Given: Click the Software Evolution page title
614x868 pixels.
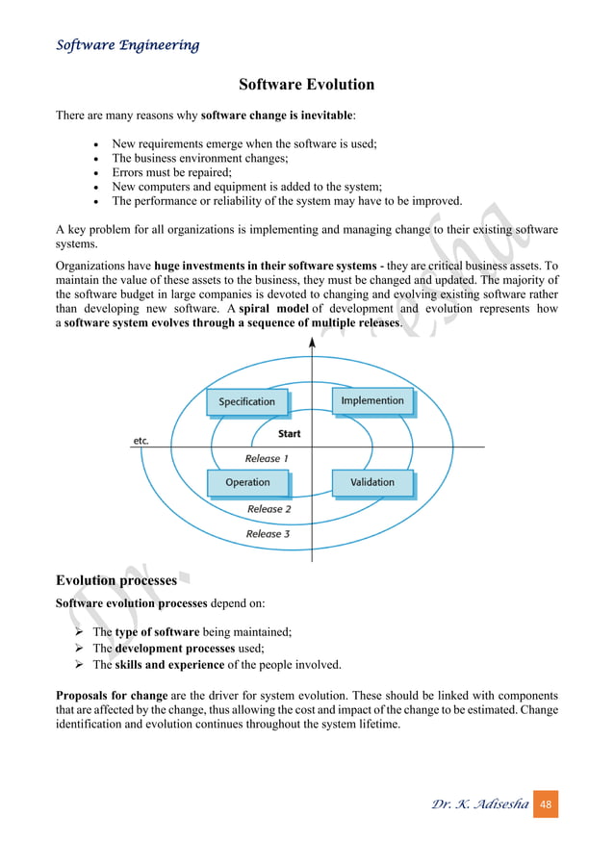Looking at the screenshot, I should pyautogui.click(x=306, y=85).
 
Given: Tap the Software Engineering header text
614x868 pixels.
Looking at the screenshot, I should pyautogui.click(x=128, y=45).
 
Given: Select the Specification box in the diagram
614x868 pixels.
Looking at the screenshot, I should pyautogui.click(x=246, y=401).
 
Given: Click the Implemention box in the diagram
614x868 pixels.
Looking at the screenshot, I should pyautogui.click(x=372, y=400).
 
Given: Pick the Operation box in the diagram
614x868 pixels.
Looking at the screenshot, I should pyautogui.click(x=247, y=482).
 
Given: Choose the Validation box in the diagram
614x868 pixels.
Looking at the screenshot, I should pyautogui.click(x=372, y=482).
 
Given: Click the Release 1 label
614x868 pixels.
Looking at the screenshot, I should pyautogui.click(x=267, y=459).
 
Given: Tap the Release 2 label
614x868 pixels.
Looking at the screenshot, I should pyautogui.click(x=269, y=509).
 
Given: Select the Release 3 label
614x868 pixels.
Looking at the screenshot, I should pyautogui.click(x=268, y=534).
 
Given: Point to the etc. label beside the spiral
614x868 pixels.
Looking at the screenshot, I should pyautogui.click(x=141, y=442).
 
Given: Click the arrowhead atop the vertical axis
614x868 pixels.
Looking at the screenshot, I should pyautogui.click(x=312, y=344).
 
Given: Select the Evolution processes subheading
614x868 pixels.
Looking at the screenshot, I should pyautogui.click(x=116, y=580).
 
